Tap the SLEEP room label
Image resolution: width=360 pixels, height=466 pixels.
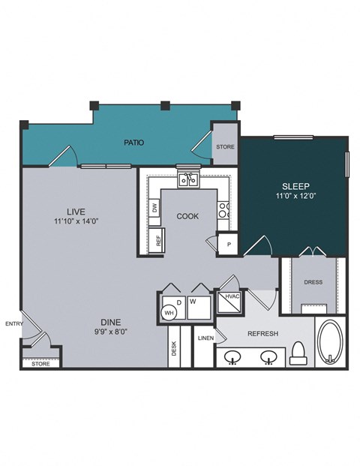[x=295, y=186]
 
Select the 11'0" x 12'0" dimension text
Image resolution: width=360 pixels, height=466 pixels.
[x=295, y=198]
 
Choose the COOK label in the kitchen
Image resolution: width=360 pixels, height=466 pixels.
[x=187, y=216]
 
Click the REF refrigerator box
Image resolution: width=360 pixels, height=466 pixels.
[x=158, y=241]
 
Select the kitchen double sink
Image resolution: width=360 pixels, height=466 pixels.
[x=187, y=179]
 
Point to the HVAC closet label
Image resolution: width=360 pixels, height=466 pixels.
[x=231, y=297]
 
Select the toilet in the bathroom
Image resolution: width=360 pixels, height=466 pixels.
[x=300, y=353]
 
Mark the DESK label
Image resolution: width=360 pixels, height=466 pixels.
[x=173, y=349]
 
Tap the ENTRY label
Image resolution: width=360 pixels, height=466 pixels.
[x=13, y=324]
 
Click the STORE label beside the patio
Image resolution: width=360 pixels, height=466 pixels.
[x=226, y=146]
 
